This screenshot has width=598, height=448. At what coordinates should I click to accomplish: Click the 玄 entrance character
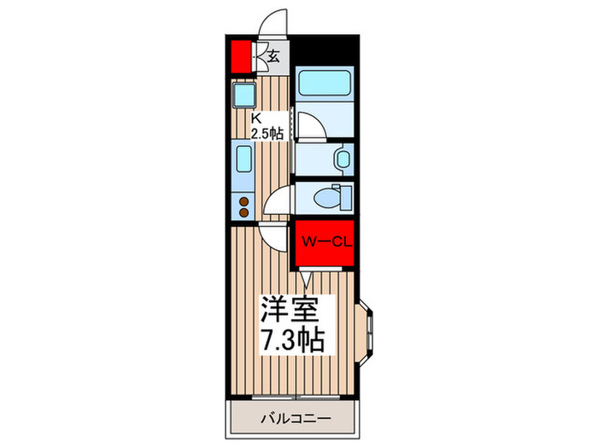click(274, 57)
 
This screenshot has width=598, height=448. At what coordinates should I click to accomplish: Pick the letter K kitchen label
click(255, 118)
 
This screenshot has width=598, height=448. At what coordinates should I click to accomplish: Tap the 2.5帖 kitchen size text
click(267, 134)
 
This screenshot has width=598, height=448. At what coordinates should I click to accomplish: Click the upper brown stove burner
click(243, 202)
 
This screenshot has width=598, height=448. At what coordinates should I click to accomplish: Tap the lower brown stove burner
click(243, 212)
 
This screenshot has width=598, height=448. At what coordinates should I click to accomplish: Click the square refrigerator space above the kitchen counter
click(243, 94)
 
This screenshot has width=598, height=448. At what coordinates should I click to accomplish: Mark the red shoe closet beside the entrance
click(240, 56)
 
